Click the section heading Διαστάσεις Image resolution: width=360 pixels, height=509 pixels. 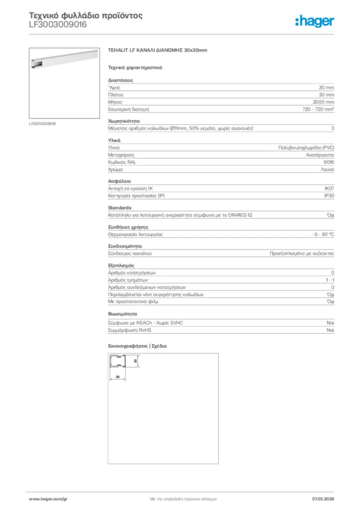pos(120,80)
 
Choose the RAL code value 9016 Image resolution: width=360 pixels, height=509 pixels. pos(328,162)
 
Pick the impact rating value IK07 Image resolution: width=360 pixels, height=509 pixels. pos(329,188)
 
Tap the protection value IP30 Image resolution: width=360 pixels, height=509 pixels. pos(329,196)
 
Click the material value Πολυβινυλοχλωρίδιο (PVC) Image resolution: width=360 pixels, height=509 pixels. pos(306,148)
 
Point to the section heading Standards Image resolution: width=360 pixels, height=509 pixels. pos(120,207)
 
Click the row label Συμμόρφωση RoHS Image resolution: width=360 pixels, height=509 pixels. pos(130,330)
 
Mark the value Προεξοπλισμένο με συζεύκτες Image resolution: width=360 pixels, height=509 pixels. pos(301,253)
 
